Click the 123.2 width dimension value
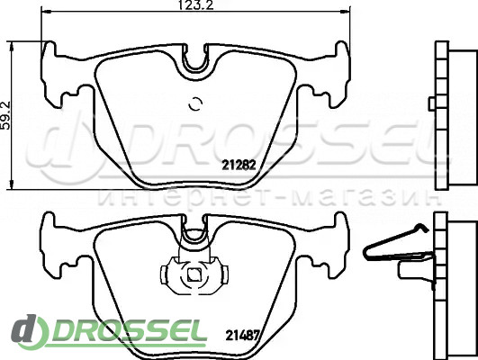click(x=195, y=5)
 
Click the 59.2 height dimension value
click(x=6, y=115)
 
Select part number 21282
click(x=239, y=166)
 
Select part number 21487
click(x=242, y=336)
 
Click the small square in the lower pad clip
click(x=194, y=275)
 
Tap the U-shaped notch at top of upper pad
click(x=195, y=58)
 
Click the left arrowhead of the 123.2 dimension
click(x=46, y=12)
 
